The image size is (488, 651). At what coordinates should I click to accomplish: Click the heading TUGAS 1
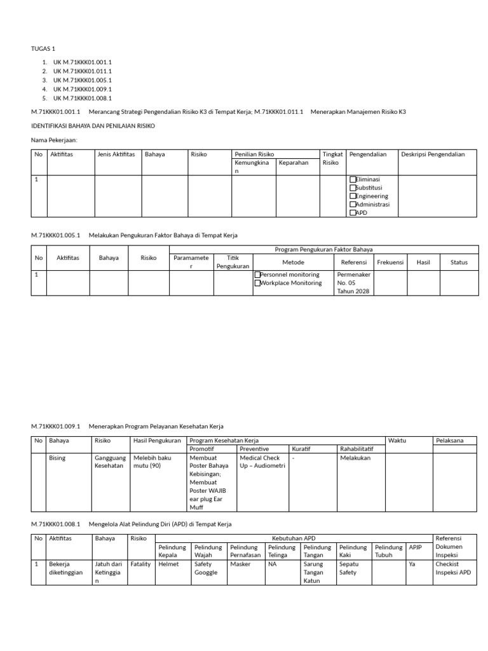click(43, 48)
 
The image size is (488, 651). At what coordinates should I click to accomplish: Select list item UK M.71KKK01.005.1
click(82, 80)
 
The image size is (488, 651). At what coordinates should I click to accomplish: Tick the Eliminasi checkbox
click(353, 180)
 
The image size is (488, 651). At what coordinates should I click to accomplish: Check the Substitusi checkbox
click(353, 188)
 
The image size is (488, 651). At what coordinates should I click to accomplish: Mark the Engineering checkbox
click(353, 196)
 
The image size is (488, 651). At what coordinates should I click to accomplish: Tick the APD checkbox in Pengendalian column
click(353, 213)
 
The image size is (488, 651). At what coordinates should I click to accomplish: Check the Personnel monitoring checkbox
click(257, 275)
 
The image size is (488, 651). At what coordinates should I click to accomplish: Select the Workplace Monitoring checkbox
click(257, 284)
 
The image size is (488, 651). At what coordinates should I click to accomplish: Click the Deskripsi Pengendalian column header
click(433, 154)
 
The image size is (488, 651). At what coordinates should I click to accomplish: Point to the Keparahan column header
click(294, 163)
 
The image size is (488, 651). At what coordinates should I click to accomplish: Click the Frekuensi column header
click(391, 262)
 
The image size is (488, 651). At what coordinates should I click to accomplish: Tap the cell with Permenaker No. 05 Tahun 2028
click(354, 283)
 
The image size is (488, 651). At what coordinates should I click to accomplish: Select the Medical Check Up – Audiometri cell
click(262, 462)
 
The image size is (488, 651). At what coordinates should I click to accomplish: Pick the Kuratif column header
click(302, 449)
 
